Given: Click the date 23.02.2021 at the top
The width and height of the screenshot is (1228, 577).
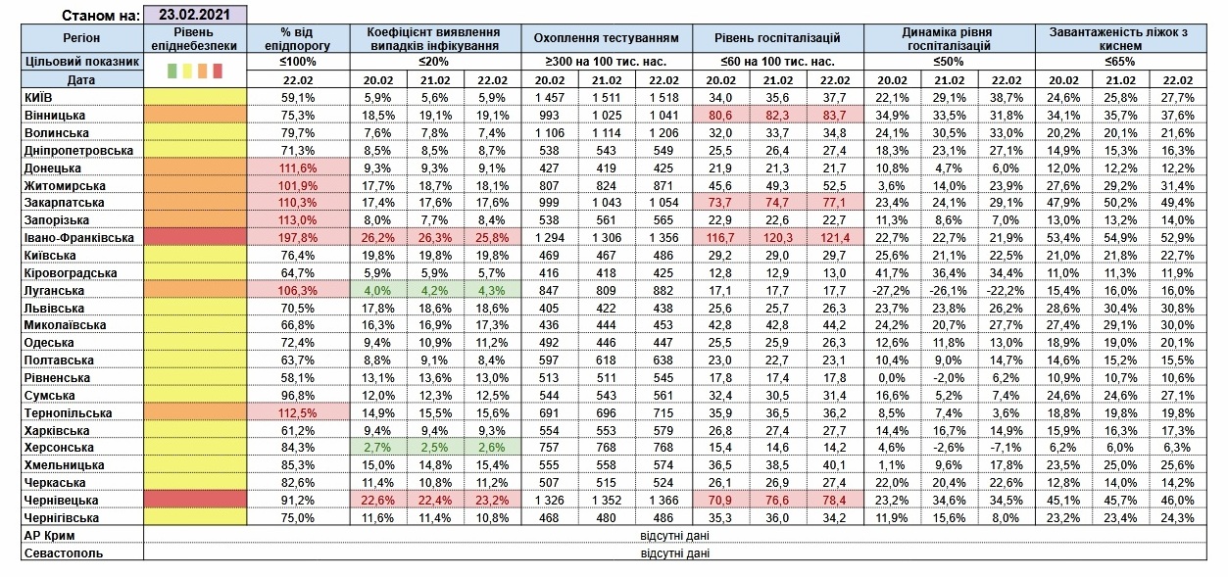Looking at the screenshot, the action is (x=195, y=15).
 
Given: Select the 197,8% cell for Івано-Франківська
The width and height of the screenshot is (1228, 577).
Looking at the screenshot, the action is (x=298, y=238).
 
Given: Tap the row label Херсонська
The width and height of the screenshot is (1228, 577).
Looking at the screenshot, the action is (x=59, y=448).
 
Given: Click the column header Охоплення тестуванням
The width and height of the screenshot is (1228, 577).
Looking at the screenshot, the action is (x=607, y=38).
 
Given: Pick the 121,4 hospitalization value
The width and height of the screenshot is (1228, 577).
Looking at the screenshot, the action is (x=835, y=238).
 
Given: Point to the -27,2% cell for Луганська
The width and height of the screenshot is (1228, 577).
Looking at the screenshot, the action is (x=892, y=290).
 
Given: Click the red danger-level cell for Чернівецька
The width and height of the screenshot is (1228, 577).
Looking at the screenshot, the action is (x=195, y=500).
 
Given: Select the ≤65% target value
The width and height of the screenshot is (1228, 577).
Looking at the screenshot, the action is (x=1120, y=62).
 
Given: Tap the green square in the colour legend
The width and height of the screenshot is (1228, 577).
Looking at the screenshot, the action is (x=172, y=71).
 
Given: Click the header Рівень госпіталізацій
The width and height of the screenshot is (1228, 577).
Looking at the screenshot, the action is (x=777, y=38).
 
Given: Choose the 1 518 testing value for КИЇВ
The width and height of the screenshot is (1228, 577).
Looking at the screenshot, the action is (x=663, y=98).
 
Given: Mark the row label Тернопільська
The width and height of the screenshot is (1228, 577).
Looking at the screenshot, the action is (x=68, y=413).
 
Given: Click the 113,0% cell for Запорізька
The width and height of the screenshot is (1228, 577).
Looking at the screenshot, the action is (x=298, y=220).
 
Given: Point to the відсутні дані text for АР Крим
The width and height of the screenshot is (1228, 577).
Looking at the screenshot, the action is (x=674, y=535).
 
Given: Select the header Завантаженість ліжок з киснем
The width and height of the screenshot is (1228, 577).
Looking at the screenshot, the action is (x=1120, y=38).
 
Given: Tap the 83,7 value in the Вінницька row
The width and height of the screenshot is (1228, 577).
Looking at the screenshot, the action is (x=835, y=115).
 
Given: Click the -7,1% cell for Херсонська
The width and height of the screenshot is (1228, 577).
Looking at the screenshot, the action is (x=1006, y=448).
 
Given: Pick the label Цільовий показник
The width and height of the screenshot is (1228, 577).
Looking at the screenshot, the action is (x=82, y=62).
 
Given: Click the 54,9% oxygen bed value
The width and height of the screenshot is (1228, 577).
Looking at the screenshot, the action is (x=1120, y=238).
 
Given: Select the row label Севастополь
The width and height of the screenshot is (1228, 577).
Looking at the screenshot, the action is (x=64, y=553).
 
